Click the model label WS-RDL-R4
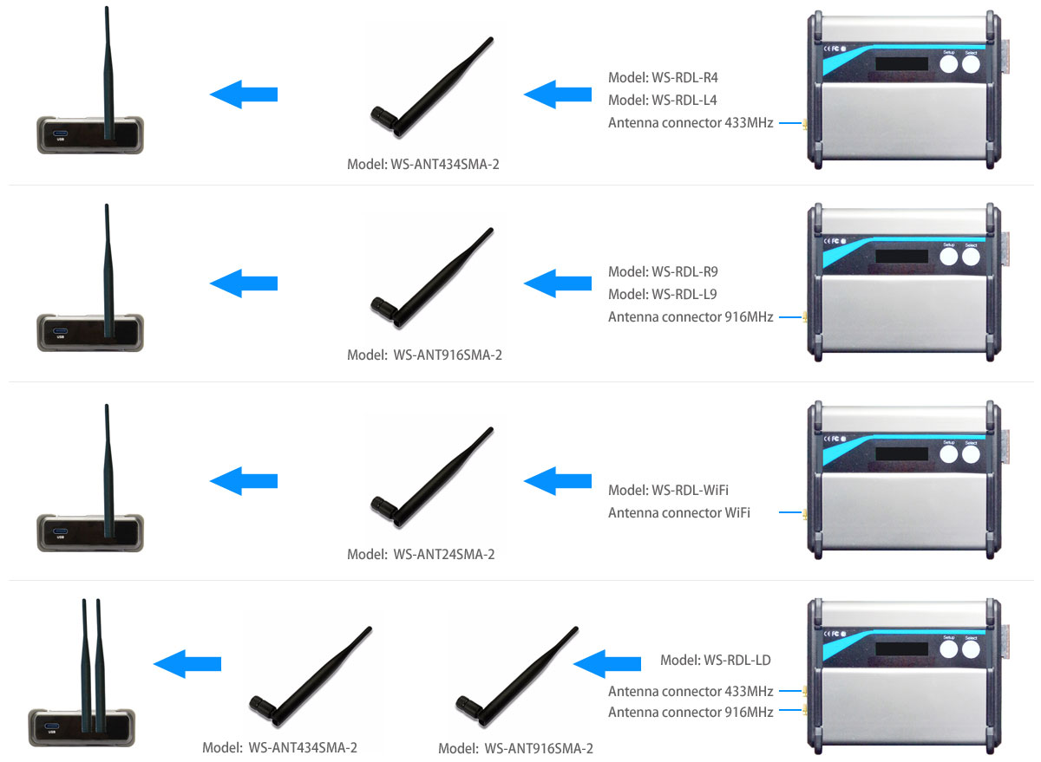[663, 75]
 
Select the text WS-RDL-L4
[663, 99]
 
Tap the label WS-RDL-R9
[663, 270]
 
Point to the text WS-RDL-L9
[663, 294]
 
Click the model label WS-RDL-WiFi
[668, 490]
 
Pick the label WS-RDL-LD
[716, 661]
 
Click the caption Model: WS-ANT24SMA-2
[421, 554]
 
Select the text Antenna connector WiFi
[679, 512]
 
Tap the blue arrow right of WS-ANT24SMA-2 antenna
[558, 479]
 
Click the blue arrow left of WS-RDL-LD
[607, 663]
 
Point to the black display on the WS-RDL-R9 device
[904, 257]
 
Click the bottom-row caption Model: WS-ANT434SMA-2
[279, 747]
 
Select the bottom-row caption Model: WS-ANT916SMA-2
[515, 748]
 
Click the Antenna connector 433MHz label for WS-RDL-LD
[691, 691]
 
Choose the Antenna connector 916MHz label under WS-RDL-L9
[691, 317]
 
